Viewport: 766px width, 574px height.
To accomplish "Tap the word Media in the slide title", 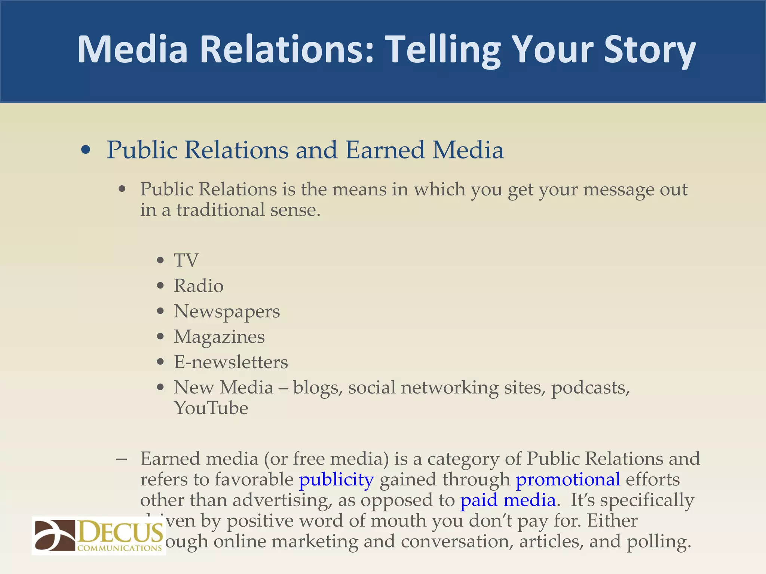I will [x=132, y=50].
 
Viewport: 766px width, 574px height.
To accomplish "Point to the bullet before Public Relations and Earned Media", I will [x=86, y=150].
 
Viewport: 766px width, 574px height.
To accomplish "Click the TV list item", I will [x=186, y=260].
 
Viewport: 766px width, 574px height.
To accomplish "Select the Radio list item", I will [x=198, y=286].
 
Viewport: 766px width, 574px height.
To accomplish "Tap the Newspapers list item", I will [x=227, y=312].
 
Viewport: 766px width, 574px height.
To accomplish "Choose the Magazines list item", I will [x=219, y=337].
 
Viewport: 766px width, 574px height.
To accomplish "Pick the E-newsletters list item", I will [x=231, y=362].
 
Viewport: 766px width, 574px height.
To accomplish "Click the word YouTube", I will [x=211, y=408].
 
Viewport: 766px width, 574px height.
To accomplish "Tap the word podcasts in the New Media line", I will [x=591, y=388].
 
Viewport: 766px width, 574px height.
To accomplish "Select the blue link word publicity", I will [x=336, y=480].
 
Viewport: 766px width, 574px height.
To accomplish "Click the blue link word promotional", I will [x=568, y=480].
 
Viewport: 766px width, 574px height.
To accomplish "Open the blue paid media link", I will [x=508, y=500].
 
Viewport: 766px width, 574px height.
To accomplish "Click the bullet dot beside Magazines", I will [x=160, y=337].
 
